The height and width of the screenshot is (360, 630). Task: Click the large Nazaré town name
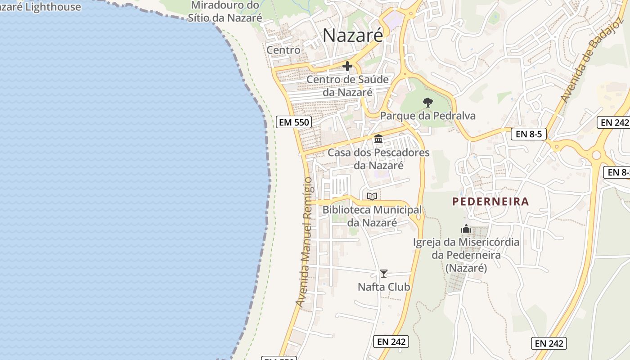(x=353, y=35)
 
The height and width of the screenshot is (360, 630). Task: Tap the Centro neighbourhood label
(x=283, y=50)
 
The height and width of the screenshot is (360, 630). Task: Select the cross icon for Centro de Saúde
(x=347, y=66)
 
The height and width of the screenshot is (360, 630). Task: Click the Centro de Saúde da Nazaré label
(x=347, y=86)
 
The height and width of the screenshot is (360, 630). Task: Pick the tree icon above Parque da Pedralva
(x=428, y=103)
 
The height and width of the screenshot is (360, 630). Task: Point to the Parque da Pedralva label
(x=427, y=116)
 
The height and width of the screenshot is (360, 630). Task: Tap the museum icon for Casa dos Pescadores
(x=378, y=139)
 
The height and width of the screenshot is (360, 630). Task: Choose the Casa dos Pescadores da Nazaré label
(x=378, y=159)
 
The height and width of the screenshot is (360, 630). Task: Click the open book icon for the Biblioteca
(x=372, y=196)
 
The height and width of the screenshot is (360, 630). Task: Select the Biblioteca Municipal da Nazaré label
(x=372, y=216)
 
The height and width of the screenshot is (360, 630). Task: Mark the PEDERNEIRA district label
(x=490, y=202)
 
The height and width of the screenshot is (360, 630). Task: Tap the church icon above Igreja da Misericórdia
(x=466, y=229)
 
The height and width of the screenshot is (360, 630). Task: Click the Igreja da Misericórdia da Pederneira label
(x=466, y=255)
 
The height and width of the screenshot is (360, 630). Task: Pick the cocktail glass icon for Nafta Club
(x=384, y=273)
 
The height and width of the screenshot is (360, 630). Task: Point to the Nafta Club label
(x=384, y=287)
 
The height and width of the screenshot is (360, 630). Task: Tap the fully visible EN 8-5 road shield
(x=528, y=134)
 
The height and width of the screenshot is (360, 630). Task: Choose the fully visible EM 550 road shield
(x=294, y=121)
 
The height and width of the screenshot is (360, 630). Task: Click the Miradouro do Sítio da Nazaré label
(x=225, y=11)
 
